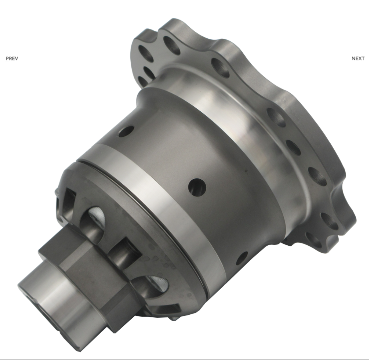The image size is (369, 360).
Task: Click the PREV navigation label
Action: point(12,58)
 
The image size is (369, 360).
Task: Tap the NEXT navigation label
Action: point(358,58)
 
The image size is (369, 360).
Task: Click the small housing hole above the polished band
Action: point(126,131)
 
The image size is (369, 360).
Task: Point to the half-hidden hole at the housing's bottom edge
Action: point(242,258)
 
